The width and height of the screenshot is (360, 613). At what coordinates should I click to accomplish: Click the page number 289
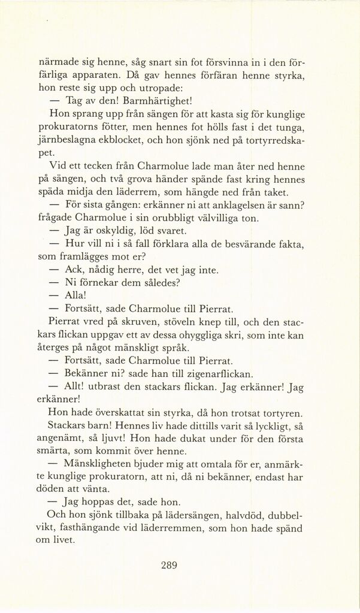coord(170,564)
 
